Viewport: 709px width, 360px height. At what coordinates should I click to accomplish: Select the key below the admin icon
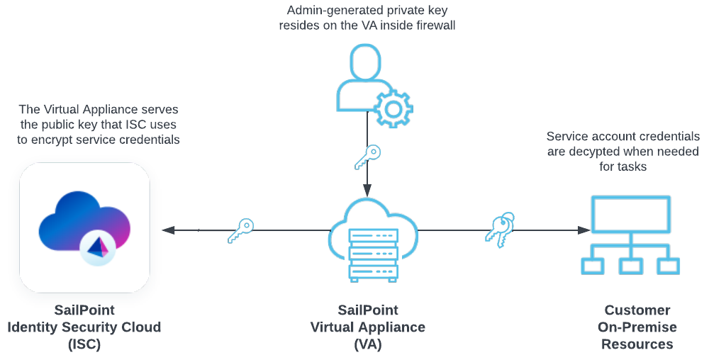tap(367, 157)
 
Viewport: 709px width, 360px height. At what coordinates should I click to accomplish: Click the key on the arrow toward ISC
tap(241, 230)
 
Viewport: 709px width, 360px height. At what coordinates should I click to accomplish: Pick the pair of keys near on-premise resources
tap(499, 230)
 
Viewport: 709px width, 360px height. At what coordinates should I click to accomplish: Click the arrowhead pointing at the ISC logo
tap(168, 230)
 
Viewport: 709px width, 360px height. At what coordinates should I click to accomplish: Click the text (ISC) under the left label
tap(84, 344)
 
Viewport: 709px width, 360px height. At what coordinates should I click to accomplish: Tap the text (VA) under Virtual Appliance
tap(368, 344)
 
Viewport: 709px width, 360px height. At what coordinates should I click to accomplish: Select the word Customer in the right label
tap(637, 310)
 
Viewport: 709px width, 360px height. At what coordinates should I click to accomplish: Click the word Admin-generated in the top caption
tap(329, 11)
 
